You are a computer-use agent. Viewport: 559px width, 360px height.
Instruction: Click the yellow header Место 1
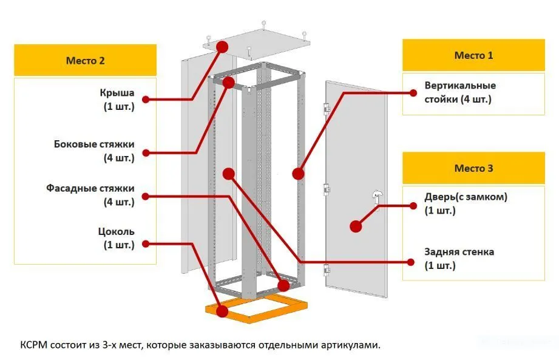473,56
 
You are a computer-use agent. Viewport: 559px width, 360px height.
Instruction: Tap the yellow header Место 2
85,61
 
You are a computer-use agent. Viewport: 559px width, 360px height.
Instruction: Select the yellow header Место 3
473,168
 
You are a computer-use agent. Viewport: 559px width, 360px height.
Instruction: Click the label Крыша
117,94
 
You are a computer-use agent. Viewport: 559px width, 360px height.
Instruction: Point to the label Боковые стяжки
94,144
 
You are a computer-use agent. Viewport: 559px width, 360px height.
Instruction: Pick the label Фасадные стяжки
90,189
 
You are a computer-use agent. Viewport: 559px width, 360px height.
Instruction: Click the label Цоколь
116,231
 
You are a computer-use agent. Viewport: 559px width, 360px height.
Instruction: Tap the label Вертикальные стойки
460,86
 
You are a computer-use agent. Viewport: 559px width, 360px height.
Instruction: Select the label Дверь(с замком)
466,197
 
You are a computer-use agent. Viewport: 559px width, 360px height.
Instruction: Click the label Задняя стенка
459,251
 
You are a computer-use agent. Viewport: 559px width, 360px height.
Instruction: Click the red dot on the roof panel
222,46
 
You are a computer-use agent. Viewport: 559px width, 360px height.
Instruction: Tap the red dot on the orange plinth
222,311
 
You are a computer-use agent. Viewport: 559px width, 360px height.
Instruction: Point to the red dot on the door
356,226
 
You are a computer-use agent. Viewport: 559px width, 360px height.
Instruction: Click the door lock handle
377,195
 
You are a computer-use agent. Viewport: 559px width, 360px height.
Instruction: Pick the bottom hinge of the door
327,269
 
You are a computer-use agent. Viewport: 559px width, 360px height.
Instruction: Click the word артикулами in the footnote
354,345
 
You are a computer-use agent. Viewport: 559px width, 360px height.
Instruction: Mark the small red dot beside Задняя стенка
412,262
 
